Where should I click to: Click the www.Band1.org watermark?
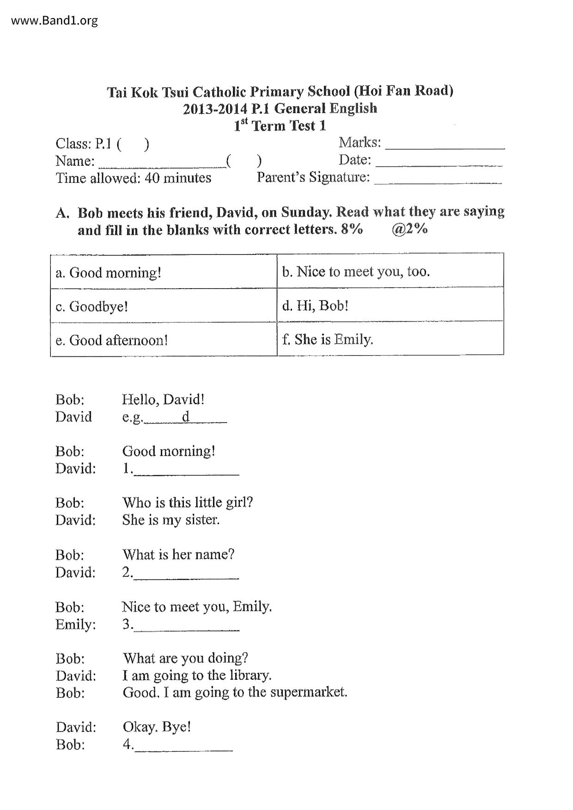tap(54, 20)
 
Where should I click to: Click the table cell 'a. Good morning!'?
tap(164, 272)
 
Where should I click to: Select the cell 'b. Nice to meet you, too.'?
tap(390, 271)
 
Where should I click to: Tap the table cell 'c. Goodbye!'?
tap(164, 306)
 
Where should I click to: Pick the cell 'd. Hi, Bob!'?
tap(390, 305)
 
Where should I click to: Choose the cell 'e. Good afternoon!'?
tap(164, 340)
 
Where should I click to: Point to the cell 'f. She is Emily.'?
tap(390, 339)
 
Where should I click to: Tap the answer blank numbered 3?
tap(186, 629)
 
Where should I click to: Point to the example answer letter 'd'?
tap(185, 417)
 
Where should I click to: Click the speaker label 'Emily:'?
tap(76, 624)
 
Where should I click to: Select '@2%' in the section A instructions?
tap(409, 229)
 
